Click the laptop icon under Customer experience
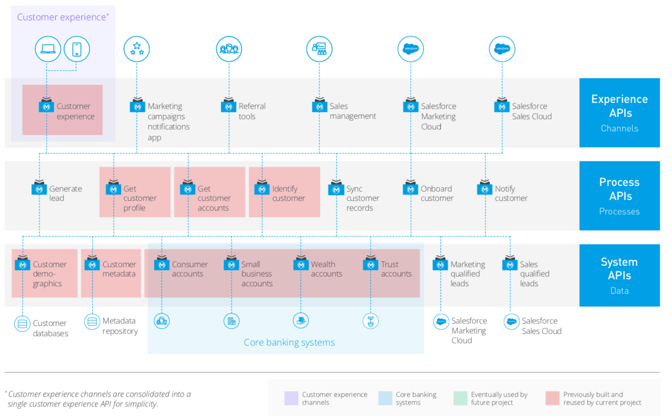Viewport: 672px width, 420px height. tap(48, 49)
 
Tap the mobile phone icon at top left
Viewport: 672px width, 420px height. tap(77, 49)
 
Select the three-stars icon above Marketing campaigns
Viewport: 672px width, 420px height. tap(137, 49)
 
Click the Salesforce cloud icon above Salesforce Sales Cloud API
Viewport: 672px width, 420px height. tap(502, 49)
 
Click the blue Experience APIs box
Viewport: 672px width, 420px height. tap(619, 113)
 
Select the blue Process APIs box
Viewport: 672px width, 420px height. tap(619, 196)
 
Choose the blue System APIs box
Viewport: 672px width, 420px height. tap(619, 275)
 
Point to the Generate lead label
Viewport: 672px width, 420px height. tap(65, 193)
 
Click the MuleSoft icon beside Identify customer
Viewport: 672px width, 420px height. tap(262, 189)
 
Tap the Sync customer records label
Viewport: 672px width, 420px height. tap(362, 198)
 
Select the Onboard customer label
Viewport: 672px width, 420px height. tap(436, 193)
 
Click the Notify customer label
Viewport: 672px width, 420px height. tap(511, 193)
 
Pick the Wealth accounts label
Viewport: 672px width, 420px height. tap(326, 269)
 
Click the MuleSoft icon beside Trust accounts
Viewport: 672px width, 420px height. tap(371, 265)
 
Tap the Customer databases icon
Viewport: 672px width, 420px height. tap(22, 323)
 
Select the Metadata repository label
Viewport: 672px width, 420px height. tap(120, 326)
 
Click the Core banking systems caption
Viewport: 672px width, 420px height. tap(289, 343)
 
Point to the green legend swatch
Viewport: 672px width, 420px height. tap(460, 398)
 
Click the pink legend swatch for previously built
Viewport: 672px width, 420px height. tap(553, 398)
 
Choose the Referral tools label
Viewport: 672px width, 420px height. tap(252, 111)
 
